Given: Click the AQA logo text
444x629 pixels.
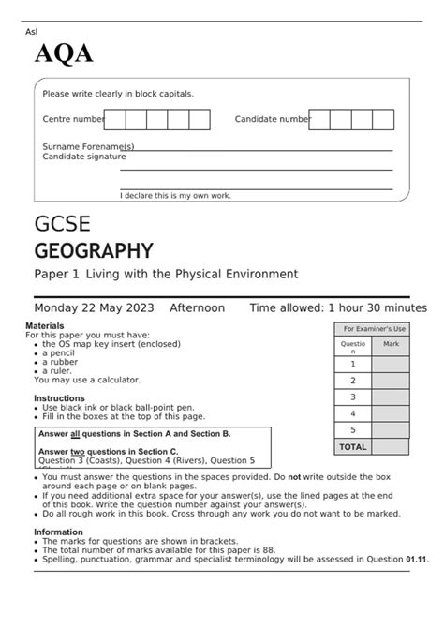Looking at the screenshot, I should [64, 54].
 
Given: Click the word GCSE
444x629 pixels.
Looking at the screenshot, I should [62, 225].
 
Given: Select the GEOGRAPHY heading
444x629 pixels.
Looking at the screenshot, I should [93, 250].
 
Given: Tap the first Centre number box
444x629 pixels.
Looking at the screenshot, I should [114, 119].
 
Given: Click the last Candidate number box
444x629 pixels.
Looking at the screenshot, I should [383, 119].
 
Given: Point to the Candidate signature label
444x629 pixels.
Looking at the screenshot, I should [83, 157].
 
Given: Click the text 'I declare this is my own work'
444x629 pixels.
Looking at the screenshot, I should [175, 195].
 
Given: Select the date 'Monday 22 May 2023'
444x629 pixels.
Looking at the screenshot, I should [95, 307].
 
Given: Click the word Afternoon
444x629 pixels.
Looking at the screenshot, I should [197, 307].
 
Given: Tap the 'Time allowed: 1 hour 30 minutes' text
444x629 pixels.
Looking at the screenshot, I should [337, 307].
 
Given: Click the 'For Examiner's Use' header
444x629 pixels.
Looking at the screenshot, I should [374, 329].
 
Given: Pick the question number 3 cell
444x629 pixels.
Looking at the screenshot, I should [353, 397].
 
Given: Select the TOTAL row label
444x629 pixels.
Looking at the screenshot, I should [353, 446].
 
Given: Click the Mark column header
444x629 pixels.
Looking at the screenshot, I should [391, 345].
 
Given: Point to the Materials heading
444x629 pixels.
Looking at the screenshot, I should [45, 325].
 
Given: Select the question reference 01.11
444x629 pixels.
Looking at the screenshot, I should [417, 560].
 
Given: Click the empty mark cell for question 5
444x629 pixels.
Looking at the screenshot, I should [391, 429].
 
